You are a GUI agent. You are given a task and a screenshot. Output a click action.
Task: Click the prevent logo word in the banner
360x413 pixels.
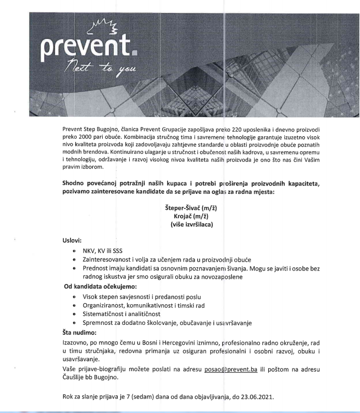pos(89,48)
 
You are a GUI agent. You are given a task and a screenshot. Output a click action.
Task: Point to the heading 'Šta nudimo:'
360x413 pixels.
pos(76,332)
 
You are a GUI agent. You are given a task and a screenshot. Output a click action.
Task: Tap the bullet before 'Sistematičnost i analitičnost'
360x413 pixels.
pos(75,315)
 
